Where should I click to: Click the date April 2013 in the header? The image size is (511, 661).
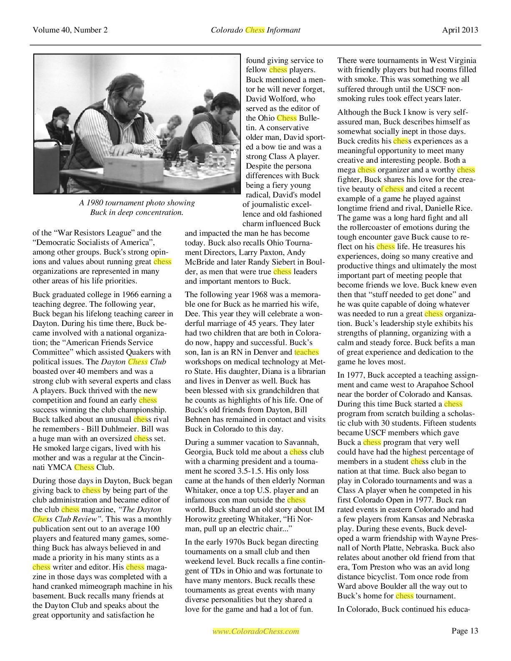pyautogui.click(x=460, y=30)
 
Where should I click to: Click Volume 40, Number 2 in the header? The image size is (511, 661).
pyautogui.click(x=70, y=30)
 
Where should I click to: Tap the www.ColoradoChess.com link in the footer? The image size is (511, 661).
pyautogui.click(x=255, y=631)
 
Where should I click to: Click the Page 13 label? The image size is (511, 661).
pyautogui.click(x=465, y=631)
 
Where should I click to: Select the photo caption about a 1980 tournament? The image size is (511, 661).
pyautogui.click(x=137, y=207)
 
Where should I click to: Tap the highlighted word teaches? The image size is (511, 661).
pyautogui.click(x=306, y=352)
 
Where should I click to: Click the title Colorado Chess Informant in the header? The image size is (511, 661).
pyautogui.click(x=255, y=30)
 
